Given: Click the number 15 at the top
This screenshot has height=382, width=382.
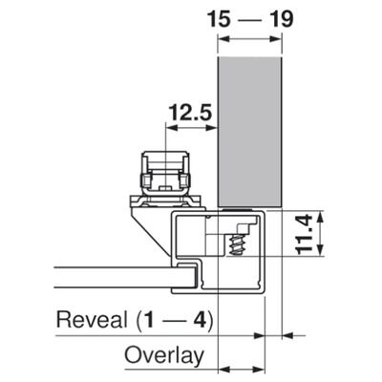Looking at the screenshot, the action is coord(219,19).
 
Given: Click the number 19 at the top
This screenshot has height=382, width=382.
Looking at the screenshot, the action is coord(281,19).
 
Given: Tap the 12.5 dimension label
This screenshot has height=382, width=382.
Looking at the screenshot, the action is coord(190,113).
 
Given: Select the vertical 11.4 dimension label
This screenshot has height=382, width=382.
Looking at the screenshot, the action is coord(305,234).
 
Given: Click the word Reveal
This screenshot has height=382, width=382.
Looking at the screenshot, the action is coord(92,320).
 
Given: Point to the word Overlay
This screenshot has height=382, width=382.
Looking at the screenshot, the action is coord(164,355).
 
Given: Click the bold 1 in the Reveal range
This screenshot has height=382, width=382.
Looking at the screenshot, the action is coord(148,320).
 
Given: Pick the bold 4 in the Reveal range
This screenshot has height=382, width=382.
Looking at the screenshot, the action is coord(200,320).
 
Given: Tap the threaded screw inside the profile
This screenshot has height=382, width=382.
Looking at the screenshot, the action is coord(236,245).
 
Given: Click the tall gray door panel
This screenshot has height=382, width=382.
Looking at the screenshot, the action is coord(249,132).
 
